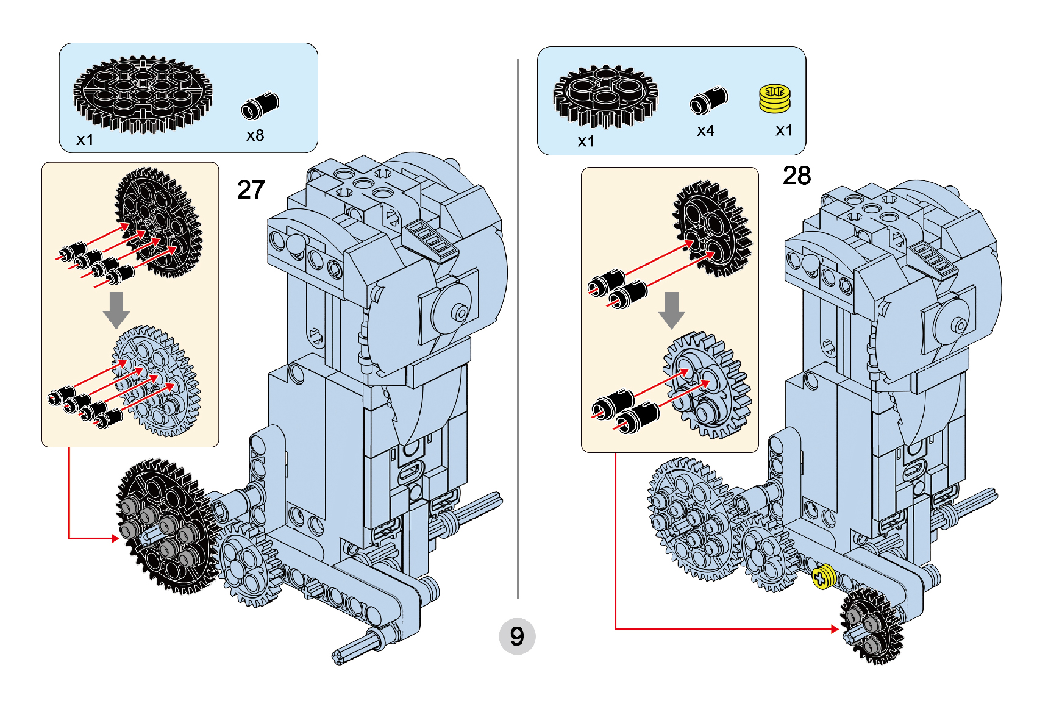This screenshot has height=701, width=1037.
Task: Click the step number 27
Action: click(251, 190)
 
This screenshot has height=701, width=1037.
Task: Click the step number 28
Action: click(797, 176)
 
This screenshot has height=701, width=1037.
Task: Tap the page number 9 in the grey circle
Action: click(517, 636)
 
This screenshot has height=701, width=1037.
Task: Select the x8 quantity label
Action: click(255, 135)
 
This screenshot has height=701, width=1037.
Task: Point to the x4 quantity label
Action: click(705, 131)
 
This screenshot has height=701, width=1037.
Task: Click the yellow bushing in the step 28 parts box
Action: click(775, 99)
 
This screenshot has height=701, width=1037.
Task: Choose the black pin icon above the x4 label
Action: click(708, 100)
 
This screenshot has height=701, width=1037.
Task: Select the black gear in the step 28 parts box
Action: click(605, 96)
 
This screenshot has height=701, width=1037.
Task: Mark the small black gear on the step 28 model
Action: click(871, 627)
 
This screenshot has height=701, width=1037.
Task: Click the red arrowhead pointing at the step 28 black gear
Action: click(835, 628)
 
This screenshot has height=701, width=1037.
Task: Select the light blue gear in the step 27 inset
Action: click(155, 381)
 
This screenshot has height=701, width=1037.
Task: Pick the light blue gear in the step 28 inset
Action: click(707, 385)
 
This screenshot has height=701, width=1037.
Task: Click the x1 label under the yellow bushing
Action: click(784, 130)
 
